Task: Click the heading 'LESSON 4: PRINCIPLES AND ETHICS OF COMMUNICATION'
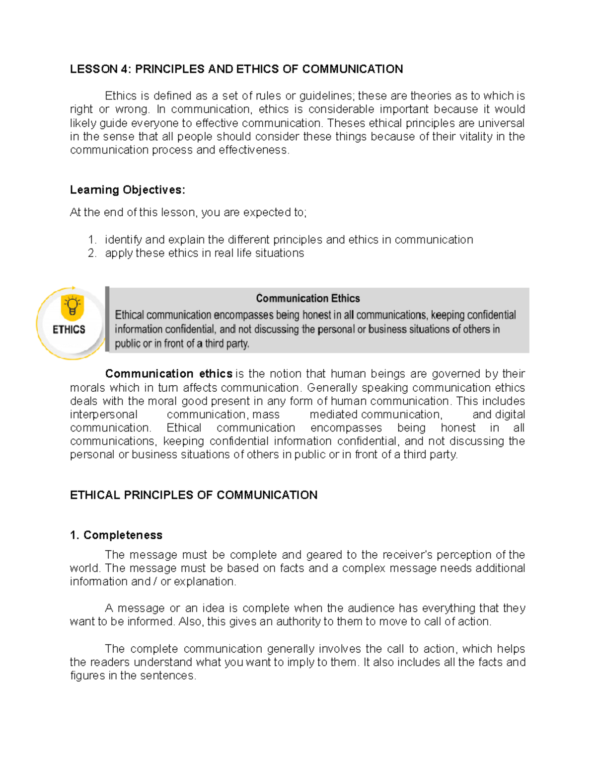pos(236,69)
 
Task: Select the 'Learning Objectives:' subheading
pos(127,190)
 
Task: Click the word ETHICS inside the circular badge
pos(69,330)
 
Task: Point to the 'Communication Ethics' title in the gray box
pos(307,298)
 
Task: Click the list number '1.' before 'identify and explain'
pos(92,240)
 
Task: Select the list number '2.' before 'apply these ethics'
pos(92,253)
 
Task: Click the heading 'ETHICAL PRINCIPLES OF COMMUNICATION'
pos(193,495)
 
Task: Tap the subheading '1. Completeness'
pos(116,535)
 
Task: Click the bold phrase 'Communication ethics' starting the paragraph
pos(169,374)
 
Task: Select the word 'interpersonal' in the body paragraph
pos(103,415)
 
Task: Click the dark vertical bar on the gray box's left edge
pos(107,320)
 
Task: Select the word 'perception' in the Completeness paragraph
pos(463,555)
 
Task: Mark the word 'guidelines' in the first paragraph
pos(326,96)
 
